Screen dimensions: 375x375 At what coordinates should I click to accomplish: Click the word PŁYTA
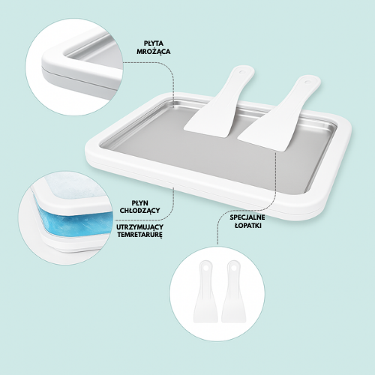[154, 43]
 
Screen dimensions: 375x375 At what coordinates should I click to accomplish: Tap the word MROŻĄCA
[154, 52]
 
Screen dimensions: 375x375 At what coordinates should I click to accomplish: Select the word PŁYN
[140, 202]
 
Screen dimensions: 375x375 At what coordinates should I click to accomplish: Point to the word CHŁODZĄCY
[139, 211]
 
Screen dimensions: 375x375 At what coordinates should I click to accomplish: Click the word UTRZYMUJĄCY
[139, 227]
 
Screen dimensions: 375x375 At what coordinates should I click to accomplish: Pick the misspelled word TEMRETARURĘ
[140, 235]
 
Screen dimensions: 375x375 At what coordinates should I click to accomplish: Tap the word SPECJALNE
[247, 217]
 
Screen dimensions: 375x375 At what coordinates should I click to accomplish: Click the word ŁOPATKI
[248, 226]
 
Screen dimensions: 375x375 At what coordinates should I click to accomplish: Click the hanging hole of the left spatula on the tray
[242, 72]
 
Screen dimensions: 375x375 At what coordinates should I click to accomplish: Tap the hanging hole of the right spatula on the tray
[307, 82]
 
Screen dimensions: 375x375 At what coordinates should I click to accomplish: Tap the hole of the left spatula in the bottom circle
[206, 268]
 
